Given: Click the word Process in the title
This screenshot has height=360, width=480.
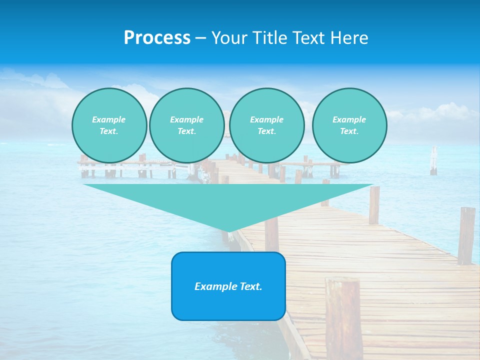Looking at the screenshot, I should pyautogui.click(x=157, y=38).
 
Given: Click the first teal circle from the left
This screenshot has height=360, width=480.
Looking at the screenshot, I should pyautogui.click(x=109, y=125).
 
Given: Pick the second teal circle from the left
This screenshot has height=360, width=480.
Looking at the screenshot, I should pyautogui.click(x=186, y=125).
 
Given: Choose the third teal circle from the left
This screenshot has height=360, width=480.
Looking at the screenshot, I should pyautogui.click(x=266, y=125).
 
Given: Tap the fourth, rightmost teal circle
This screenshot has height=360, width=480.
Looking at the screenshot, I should pyautogui.click(x=349, y=125).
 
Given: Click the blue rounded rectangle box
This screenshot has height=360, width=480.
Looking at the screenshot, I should pyautogui.click(x=228, y=286).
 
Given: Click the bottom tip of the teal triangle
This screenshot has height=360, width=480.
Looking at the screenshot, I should pyautogui.click(x=229, y=230).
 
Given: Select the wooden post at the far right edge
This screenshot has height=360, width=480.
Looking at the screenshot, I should pyautogui.click(x=466, y=235).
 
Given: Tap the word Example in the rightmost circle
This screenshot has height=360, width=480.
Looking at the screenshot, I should pyautogui.click(x=349, y=119).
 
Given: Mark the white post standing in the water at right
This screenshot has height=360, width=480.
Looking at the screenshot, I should pyautogui.click(x=433, y=161).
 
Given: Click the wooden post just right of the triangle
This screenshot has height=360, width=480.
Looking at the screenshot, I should pyautogui.click(x=374, y=204).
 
